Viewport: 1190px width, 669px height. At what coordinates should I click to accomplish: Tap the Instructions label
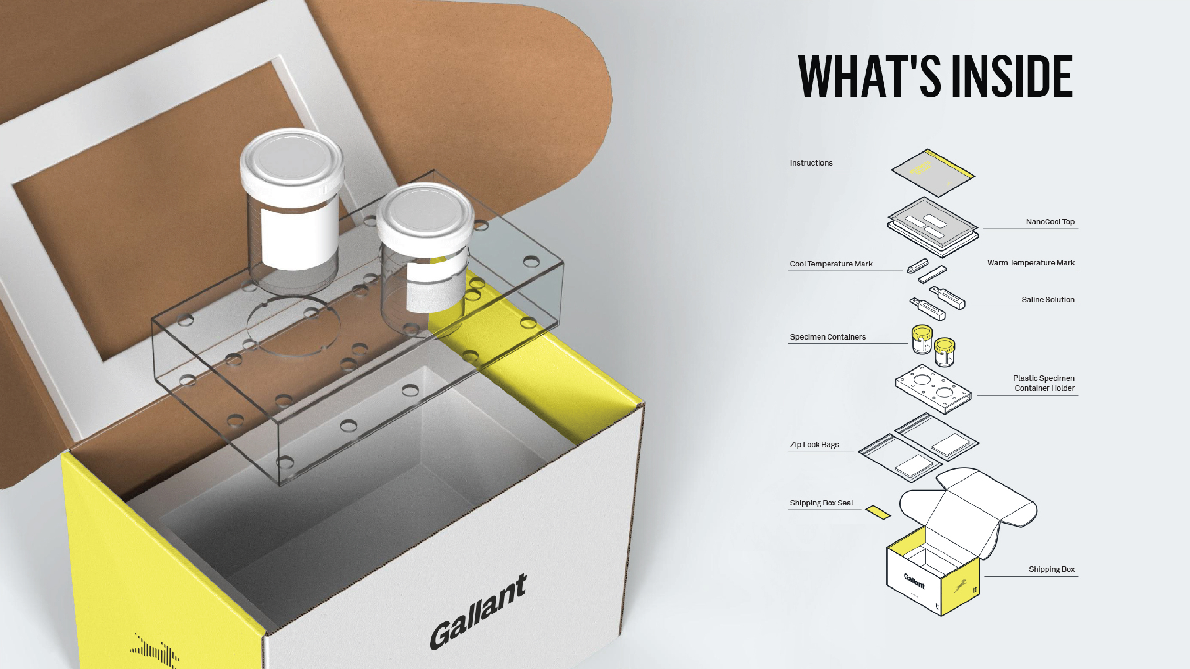click(x=811, y=163)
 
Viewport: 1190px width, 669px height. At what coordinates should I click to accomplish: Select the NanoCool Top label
click(x=1050, y=222)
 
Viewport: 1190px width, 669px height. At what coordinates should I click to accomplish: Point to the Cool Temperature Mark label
click(x=831, y=264)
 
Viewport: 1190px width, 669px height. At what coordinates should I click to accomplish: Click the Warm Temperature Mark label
click(x=1031, y=262)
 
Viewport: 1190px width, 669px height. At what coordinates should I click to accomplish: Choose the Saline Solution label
click(x=1048, y=300)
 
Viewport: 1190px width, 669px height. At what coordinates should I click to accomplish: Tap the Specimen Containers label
click(x=827, y=337)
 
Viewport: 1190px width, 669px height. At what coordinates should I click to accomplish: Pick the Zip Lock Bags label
click(x=814, y=445)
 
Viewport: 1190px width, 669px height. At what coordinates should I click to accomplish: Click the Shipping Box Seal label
click(x=821, y=503)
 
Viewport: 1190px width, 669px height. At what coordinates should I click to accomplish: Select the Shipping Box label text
click(x=1052, y=569)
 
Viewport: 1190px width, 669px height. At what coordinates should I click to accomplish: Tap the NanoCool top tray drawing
click(x=933, y=227)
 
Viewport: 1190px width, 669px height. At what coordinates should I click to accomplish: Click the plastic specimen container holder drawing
click(x=933, y=389)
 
